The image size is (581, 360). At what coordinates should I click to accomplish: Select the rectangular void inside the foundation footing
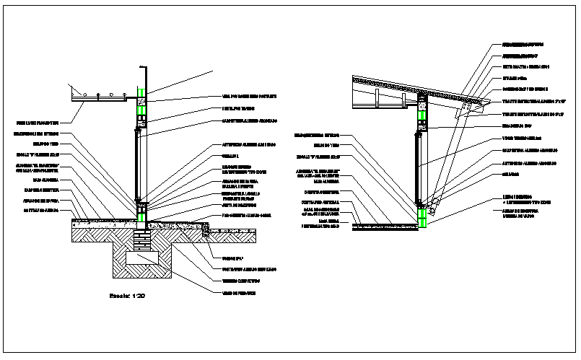[x=143, y=256]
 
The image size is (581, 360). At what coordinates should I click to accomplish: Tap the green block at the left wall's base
[x=143, y=211]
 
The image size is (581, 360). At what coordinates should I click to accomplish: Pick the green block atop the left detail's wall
[x=143, y=92]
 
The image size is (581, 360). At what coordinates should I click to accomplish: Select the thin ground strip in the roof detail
[x=386, y=226]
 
